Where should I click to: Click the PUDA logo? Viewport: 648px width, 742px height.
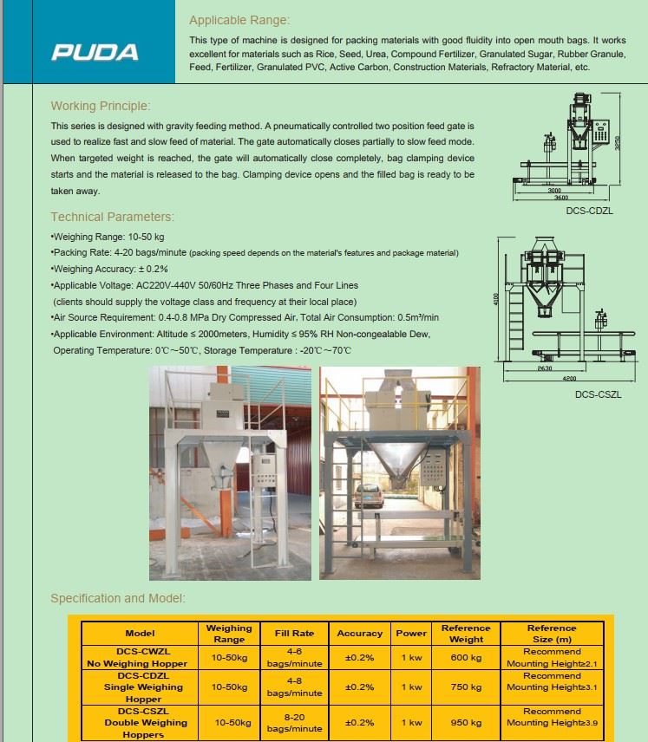tap(95, 52)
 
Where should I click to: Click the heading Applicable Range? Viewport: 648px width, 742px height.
tap(239, 20)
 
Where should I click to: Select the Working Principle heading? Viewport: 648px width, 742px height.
tap(101, 106)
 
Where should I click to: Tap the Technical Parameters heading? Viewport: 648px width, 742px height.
tap(112, 217)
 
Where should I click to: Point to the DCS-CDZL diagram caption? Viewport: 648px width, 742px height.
tap(589, 211)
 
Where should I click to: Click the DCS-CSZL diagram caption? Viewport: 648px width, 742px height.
tap(598, 394)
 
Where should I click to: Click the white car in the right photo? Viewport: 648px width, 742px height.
tap(369, 496)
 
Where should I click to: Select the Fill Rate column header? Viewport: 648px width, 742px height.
tap(295, 634)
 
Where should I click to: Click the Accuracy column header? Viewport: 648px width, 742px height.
tap(360, 634)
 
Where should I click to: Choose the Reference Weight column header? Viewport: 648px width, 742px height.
tap(466, 634)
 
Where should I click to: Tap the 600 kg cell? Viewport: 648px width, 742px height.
tap(466, 658)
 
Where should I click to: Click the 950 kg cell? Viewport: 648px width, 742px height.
tap(466, 722)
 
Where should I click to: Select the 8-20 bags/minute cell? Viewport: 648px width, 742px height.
tap(295, 722)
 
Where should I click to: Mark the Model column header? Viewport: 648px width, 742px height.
tap(140, 634)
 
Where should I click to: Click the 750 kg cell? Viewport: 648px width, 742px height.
tap(466, 687)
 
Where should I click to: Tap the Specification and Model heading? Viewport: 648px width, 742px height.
tap(118, 598)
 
